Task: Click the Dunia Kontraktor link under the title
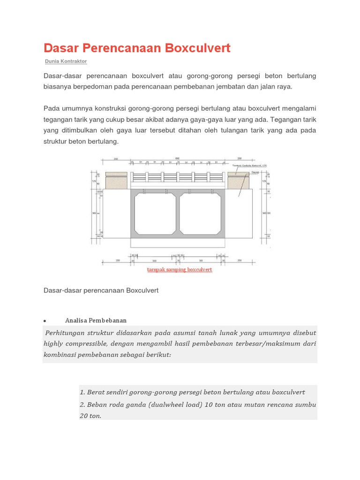point(66,61)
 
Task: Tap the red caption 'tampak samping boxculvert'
point(180,270)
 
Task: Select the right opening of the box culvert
point(201,214)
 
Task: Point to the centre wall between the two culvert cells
point(178,214)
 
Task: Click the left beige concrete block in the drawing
point(116,181)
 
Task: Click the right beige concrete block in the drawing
point(239,181)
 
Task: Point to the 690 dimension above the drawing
point(177,159)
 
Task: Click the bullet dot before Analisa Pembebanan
point(45,321)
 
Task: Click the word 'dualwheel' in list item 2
point(168,405)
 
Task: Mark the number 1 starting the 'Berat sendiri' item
point(82,392)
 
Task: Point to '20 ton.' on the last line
point(90,416)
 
